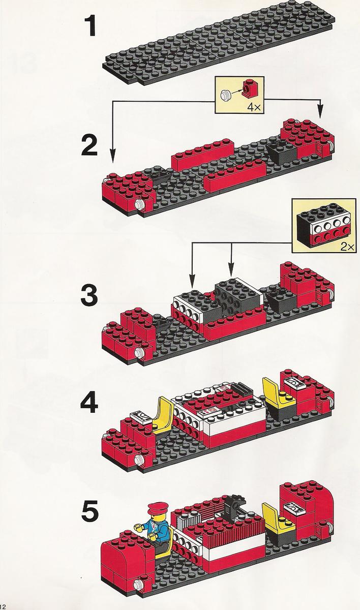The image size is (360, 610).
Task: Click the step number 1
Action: point(90,26)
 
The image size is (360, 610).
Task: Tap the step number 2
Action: point(89,146)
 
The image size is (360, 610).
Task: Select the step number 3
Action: point(89,295)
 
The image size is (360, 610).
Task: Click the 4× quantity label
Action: point(254,107)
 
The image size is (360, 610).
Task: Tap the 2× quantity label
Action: point(347,247)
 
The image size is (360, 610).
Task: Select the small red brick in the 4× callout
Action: point(248,88)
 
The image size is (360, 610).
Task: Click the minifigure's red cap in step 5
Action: point(156,508)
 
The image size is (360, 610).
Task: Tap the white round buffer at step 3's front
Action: point(139,352)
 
